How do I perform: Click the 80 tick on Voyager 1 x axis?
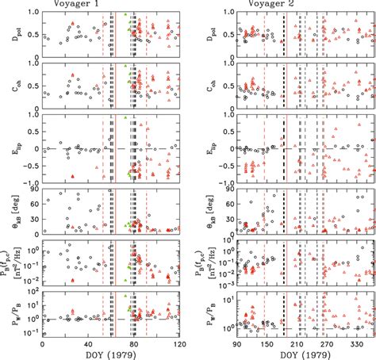pyautogui.click(x=133, y=345)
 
